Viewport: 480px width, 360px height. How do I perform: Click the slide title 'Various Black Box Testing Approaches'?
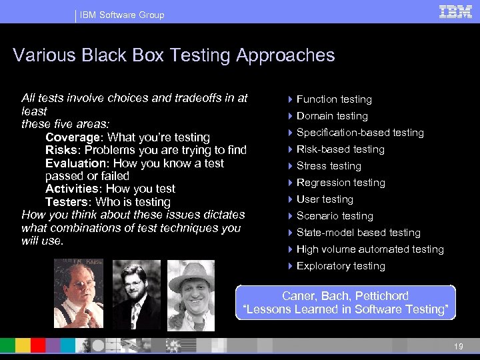tap(173, 55)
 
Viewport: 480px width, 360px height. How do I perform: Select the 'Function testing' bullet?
tap(334, 99)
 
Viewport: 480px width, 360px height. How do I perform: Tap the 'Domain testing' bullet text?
tap(332, 116)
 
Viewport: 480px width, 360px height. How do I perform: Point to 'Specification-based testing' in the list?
tap(360, 133)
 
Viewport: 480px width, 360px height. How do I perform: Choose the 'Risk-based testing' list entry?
tap(341, 149)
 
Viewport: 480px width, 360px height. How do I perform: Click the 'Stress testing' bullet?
tap(329, 166)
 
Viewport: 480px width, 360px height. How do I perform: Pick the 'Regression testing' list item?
tap(341, 183)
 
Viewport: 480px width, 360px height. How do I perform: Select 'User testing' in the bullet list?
tap(325, 199)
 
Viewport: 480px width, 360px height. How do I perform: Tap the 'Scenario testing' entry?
tap(335, 216)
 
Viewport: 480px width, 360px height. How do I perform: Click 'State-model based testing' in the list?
tap(359, 233)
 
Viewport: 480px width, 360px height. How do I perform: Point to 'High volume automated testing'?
tap(370, 249)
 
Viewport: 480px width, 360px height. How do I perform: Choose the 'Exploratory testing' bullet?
tap(341, 266)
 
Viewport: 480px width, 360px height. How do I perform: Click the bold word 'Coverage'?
tap(73, 137)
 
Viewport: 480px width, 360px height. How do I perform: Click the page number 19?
tap(458, 346)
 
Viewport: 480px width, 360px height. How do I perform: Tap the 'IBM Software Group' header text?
tap(122, 15)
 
